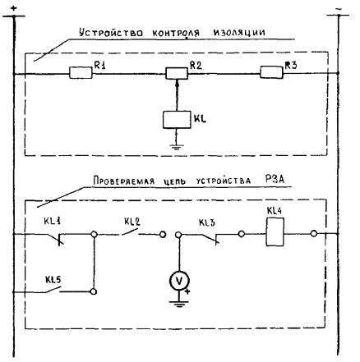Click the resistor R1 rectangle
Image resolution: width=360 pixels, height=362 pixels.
pyautogui.click(x=81, y=73)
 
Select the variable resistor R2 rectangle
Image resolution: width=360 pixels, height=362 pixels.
pyautogui.click(x=177, y=73)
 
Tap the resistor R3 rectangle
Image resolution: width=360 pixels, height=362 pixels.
pyautogui.click(x=271, y=72)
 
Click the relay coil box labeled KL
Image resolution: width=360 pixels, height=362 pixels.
pyautogui.click(x=177, y=120)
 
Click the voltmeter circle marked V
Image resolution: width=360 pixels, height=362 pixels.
pyautogui.click(x=179, y=281)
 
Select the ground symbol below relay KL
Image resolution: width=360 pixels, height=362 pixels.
pyautogui.click(x=177, y=147)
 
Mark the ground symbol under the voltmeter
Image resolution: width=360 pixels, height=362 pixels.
pyautogui.click(x=179, y=304)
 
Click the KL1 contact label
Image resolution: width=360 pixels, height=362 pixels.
pyautogui.click(x=52, y=221)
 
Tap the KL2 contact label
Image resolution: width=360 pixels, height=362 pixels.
pyautogui.click(x=132, y=222)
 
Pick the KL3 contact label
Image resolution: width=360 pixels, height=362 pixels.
pyautogui.click(x=207, y=222)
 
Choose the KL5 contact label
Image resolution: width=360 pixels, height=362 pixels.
pyautogui.click(x=53, y=280)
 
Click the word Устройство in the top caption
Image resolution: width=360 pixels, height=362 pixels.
pyautogui.click(x=111, y=33)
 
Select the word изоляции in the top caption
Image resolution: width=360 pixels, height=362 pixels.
pyautogui.click(x=239, y=33)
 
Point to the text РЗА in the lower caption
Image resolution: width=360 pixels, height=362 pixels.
pyautogui.click(x=275, y=179)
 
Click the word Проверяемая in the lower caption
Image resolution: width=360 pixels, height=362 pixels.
pyautogui.click(x=124, y=181)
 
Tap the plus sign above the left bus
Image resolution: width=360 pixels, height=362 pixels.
pyautogui.click(x=14, y=8)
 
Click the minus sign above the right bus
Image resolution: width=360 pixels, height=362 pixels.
pyautogui.click(x=339, y=9)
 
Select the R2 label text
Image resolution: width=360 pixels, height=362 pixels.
pyautogui.click(x=196, y=65)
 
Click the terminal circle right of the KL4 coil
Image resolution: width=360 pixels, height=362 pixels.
pyautogui.click(x=314, y=234)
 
